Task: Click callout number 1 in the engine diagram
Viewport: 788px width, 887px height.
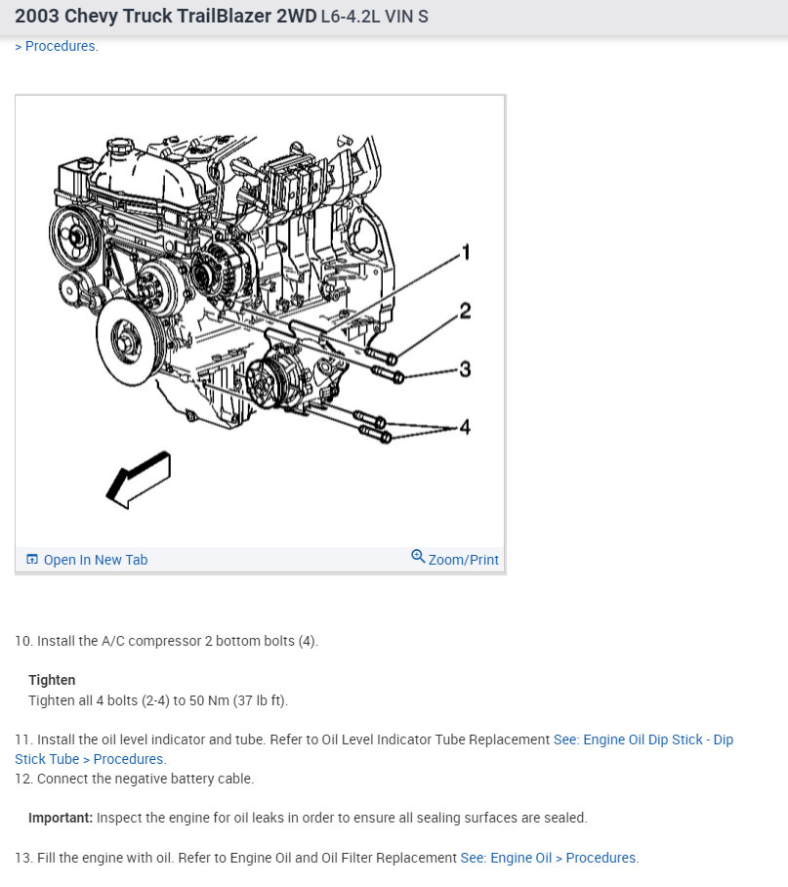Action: (466, 252)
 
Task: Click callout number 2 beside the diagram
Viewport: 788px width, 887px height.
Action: (466, 311)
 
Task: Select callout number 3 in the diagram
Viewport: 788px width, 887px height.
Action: (466, 369)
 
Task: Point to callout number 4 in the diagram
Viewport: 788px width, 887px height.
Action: (465, 427)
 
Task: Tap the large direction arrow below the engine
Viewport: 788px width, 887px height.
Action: (139, 479)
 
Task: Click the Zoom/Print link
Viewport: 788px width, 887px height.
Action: (463, 560)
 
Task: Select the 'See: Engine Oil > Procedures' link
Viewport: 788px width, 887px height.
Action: (549, 858)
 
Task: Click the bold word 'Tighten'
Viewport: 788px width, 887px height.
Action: (52, 680)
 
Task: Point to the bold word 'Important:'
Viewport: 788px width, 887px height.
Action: (61, 818)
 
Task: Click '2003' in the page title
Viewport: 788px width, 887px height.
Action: (37, 17)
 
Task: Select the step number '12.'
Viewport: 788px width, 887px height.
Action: (23, 779)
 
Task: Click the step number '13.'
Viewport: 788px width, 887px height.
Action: (23, 858)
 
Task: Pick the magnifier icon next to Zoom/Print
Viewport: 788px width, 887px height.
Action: (418, 557)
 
